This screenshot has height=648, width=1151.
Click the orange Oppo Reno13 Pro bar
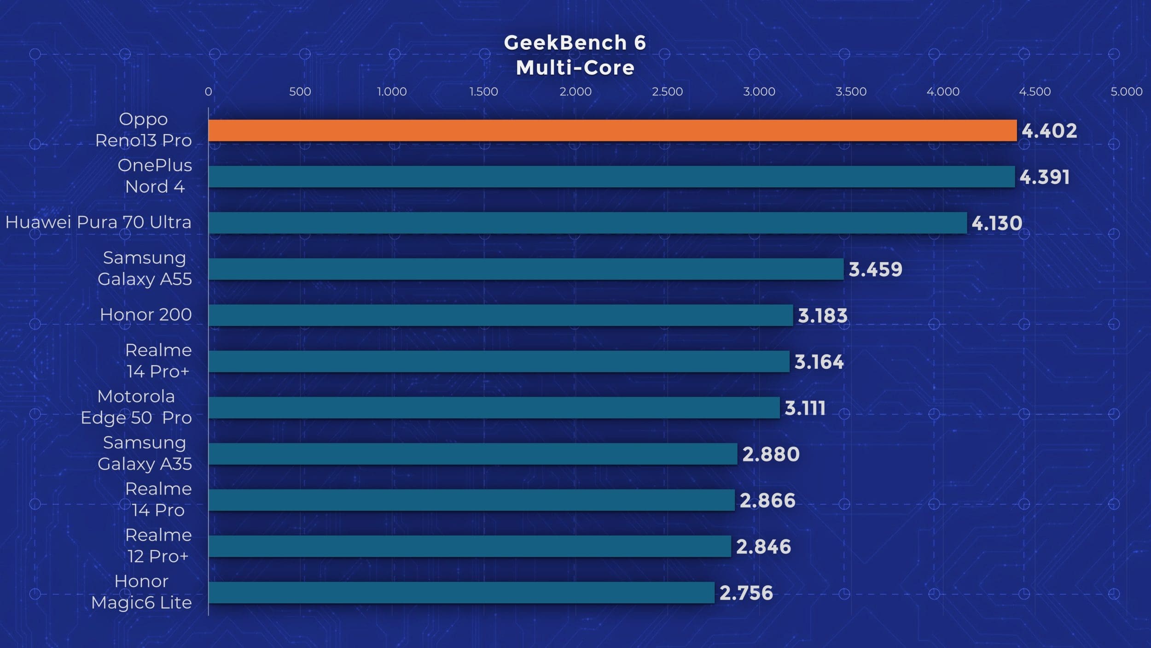pyautogui.click(x=612, y=130)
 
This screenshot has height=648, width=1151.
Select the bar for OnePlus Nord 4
pyautogui.click(x=611, y=177)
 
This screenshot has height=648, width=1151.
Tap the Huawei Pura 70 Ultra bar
pyautogui.click(x=587, y=223)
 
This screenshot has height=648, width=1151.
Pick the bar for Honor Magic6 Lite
pyautogui.click(x=461, y=592)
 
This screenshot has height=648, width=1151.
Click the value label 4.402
pyautogui.click(x=1049, y=131)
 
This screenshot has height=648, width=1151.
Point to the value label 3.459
pyautogui.click(x=875, y=270)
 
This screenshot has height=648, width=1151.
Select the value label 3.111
pyautogui.click(x=805, y=408)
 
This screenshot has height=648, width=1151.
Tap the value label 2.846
pyautogui.click(x=763, y=547)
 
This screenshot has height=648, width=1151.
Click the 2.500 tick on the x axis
pyautogui.click(x=667, y=91)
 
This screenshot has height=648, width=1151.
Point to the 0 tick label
pyautogui.click(x=209, y=91)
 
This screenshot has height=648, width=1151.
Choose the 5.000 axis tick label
pyautogui.click(x=1126, y=91)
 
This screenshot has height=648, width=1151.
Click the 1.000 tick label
pyautogui.click(x=392, y=91)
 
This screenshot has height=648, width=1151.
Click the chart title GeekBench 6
pyautogui.click(x=575, y=43)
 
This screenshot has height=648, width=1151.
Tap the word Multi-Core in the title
pyautogui.click(x=575, y=68)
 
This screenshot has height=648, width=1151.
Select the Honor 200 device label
pyautogui.click(x=145, y=314)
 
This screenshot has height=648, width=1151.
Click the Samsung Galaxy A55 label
pyautogui.click(x=145, y=268)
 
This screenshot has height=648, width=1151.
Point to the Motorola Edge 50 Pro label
pyautogui.click(x=136, y=407)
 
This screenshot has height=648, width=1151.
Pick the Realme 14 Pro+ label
pyautogui.click(x=158, y=360)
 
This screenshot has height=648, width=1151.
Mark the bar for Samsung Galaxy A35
pyautogui.click(x=473, y=454)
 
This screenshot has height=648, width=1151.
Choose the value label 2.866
pyautogui.click(x=767, y=501)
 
